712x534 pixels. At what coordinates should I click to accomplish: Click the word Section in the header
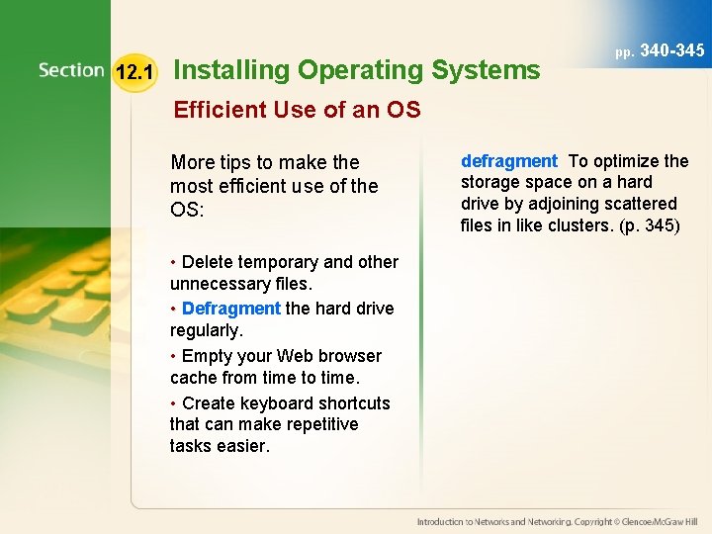71,70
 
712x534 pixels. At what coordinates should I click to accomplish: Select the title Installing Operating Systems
356,70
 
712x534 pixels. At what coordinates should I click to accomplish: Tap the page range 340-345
672,49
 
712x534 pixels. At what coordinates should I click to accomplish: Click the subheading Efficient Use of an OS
297,110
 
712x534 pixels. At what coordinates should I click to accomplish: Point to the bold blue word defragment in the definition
509,161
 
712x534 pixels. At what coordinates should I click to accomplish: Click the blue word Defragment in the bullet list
231,309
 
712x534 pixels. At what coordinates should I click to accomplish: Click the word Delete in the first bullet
208,262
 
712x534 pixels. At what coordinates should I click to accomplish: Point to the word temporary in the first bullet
278,262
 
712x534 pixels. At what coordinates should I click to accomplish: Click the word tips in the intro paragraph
239,162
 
